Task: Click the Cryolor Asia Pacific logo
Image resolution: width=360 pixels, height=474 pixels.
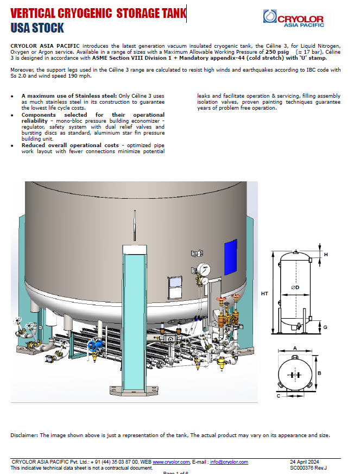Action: pyautogui.click(x=293, y=17)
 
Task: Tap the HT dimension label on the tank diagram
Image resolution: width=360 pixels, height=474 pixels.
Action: pyautogui.click(x=264, y=294)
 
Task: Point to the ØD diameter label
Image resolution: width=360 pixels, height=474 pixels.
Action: pyautogui.click(x=295, y=287)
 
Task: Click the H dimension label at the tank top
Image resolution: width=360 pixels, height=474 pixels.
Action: pyautogui.click(x=326, y=254)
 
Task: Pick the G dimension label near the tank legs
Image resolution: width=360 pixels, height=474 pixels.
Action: pyautogui.click(x=325, y=327)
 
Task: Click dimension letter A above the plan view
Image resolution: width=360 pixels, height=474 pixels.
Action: pyautogui.click(x=294, y=347)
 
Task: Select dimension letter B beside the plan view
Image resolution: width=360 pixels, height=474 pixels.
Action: pyautogui.click(x=320, y=373)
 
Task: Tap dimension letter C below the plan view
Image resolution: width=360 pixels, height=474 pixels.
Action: pyautogui.click(x=278, y=396)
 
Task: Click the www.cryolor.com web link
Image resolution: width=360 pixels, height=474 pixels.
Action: pyautogui.click(x=170, y=462)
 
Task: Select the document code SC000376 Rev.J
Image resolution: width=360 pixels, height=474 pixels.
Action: pyautogui.click(x=308, y=467)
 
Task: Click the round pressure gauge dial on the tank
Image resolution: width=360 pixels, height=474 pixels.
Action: pyautogui.click(x=204, y=269)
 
